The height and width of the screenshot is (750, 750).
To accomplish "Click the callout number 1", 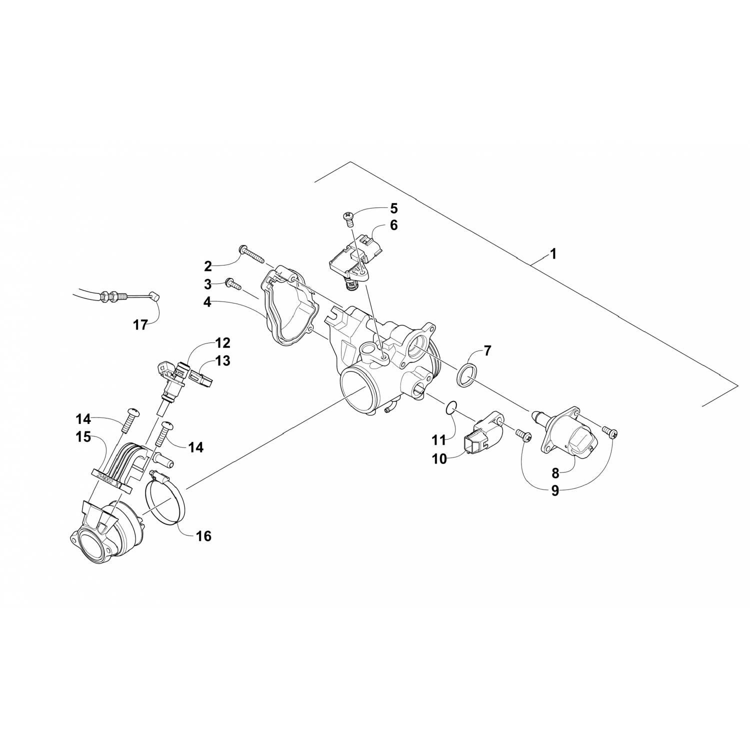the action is pyautogui.click(x=552, y=253).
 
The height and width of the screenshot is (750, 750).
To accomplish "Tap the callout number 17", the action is pyautogui.click(x=140, y=325).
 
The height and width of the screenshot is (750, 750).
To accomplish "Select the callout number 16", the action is pyautogui.click(x=204, y=536).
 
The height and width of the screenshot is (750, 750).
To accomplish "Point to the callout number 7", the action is pyautogui.click(x=487, y=350).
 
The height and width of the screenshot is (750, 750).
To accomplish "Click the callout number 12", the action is pyautogui.click(x=223, y=343).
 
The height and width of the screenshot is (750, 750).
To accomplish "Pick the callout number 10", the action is pyautogui.click(x=439, y=458).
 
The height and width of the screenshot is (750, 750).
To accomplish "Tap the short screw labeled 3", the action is pyautogui.click(x=234, y=284).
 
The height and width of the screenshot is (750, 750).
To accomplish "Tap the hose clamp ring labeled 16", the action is pyautogui.click(x=165, y=497).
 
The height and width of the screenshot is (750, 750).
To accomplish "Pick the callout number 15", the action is pyautogui.click(x=83, y=437).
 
